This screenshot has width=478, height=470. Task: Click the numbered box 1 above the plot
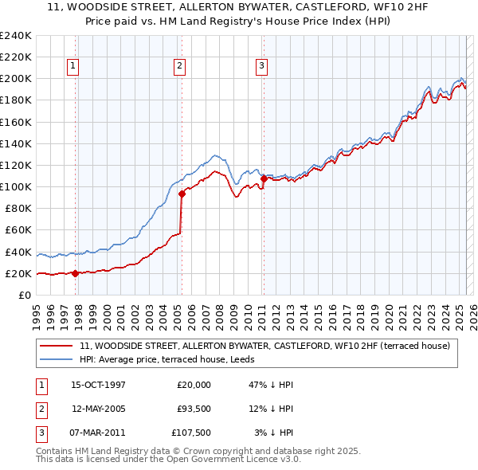coord(72,66)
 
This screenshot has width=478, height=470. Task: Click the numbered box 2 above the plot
coord(180,66)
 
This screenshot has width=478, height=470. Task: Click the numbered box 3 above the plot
coord(261,66)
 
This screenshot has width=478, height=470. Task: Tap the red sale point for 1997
coord(75,273)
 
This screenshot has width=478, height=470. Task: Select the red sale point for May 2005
coord(182,194)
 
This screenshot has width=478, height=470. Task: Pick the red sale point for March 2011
coord(264,178)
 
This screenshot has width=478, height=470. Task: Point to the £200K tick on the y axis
coord(16,79)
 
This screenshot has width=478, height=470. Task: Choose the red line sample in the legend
coord(57,346)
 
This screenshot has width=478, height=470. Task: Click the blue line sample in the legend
coord(57,360)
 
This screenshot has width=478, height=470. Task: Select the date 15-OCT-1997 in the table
coord(98,384)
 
